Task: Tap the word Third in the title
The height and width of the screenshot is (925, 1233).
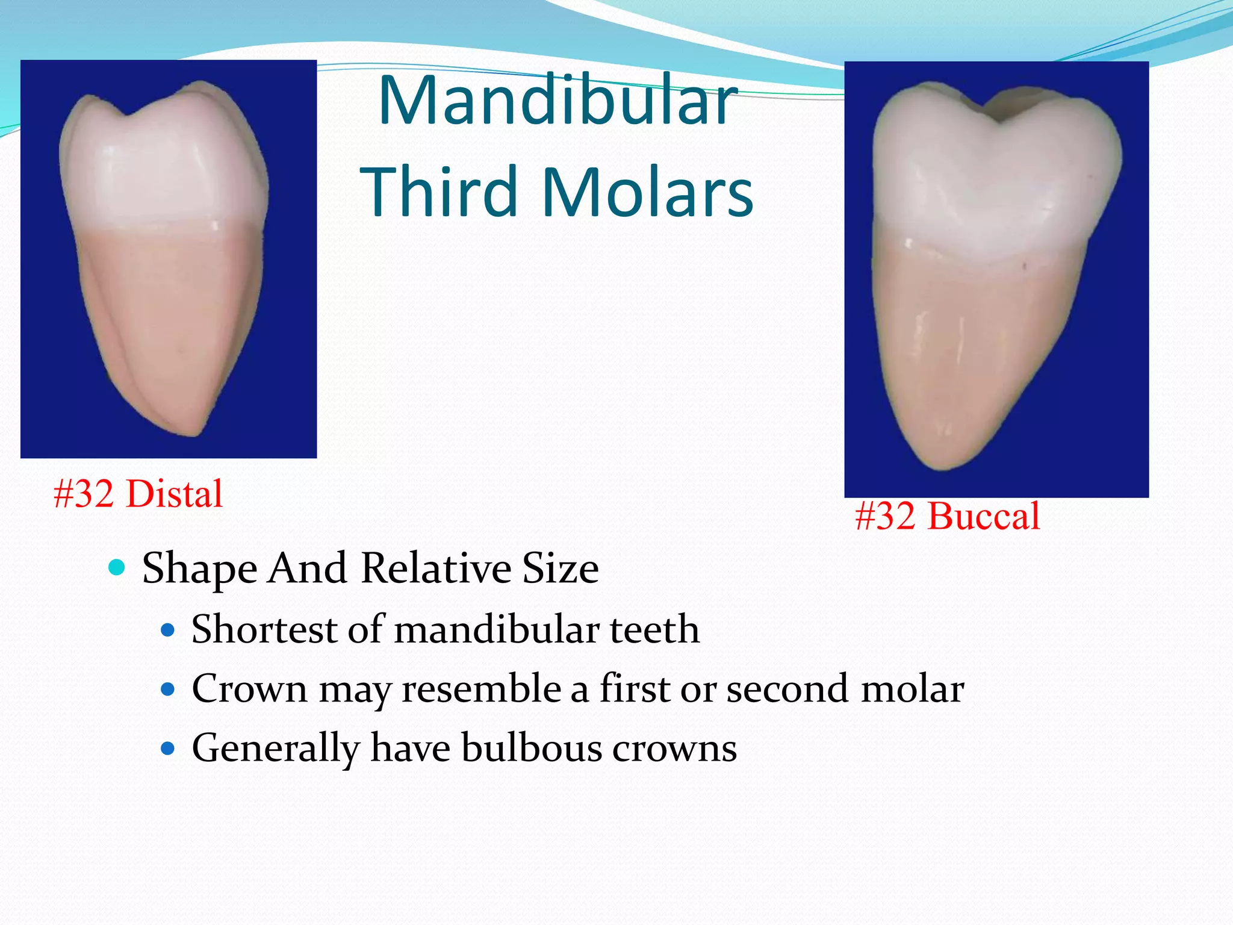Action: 439,192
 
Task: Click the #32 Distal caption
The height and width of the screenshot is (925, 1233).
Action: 138,494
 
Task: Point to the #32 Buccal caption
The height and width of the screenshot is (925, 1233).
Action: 947,516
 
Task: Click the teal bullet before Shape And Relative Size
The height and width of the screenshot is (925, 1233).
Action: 117,567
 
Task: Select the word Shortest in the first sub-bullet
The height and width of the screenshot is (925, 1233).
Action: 264,629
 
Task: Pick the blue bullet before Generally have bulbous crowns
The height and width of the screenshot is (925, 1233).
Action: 168,749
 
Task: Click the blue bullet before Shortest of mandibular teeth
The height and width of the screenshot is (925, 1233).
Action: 168,631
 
